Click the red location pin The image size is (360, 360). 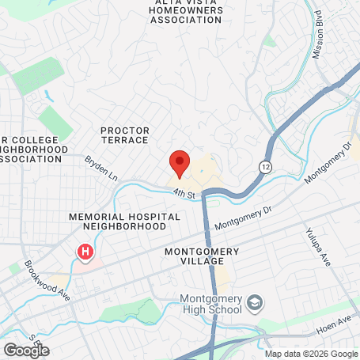[179, 162]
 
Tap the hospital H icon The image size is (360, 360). [85, 252]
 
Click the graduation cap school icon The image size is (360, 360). [254, 302]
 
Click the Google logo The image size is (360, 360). [25, 349]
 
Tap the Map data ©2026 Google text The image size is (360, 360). [310, 354]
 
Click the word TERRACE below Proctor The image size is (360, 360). [125, 140]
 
